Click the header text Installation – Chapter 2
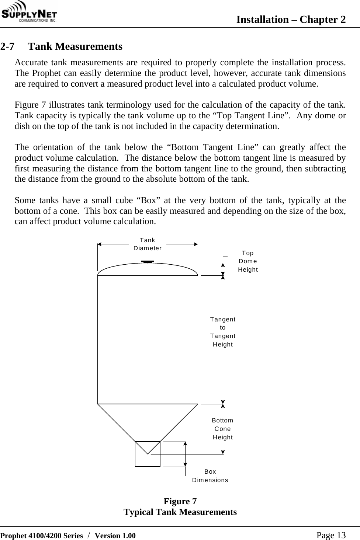pyautogui.click(x=291, y=20)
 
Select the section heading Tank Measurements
pyautogui.click(x=75, y=47)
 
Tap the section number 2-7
pyautogui.click(x=8, y=47)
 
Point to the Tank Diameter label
pyautogui.click(x=148, y=244)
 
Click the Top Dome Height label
pyautogui.click(x=247, y=261)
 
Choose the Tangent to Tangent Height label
pyautogui.click(x=223, y=332)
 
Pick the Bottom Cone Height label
pyautogui.click(x=223, y=429)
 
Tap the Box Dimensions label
pyautogui.click(x=210, y=476)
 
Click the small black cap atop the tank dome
pyautogui.click(x=148, y=262)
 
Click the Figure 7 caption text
pyautogui.click(x=180, y=501)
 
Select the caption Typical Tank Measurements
pyautogui.click(x=180, y=512)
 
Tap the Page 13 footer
pyautogui.click(x=331, y=535)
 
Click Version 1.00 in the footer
pyautogui.click(x=115, y=536)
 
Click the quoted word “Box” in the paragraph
pyautogui.click(x=148, y=201)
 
